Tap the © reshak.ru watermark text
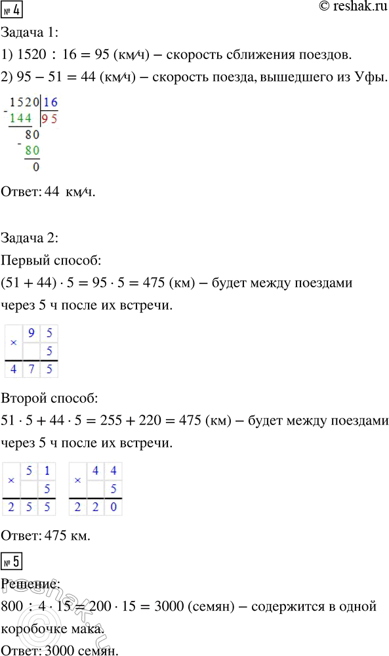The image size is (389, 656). [x=346, y=8]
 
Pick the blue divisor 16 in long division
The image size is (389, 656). [x=50, y=103]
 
